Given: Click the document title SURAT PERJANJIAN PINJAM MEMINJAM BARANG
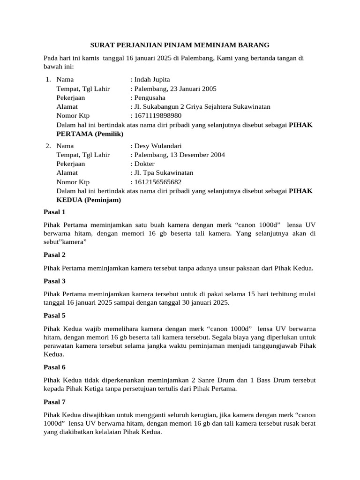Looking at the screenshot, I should click(180, 45).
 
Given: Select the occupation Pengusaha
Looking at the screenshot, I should click(151, 97).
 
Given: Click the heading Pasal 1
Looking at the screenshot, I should click(54, 212).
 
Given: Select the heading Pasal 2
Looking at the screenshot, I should click(54, 255).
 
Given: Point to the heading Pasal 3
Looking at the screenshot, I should click(54, 281).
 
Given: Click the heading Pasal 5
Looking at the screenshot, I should click(54, 315).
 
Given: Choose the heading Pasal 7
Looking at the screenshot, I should click(54, 402).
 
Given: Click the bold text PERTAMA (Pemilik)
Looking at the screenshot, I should click(90, 134).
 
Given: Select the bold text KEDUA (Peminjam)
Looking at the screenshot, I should click(89, 200).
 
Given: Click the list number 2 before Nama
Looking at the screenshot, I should click(48, 146).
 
